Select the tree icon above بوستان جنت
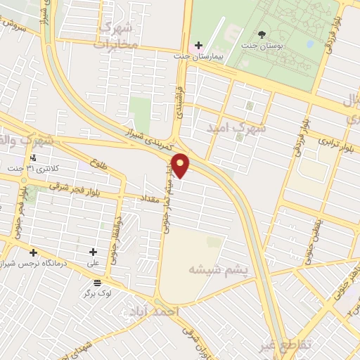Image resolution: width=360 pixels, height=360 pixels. pyautogui.click(x=262, y=34)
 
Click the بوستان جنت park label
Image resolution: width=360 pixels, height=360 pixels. pyautogui.click(x=262, y=46)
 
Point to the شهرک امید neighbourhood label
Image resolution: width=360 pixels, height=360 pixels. pyautogui.click(x=238, y=129)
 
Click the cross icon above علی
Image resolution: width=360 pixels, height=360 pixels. pyautogui.click(x=94, y=251)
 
